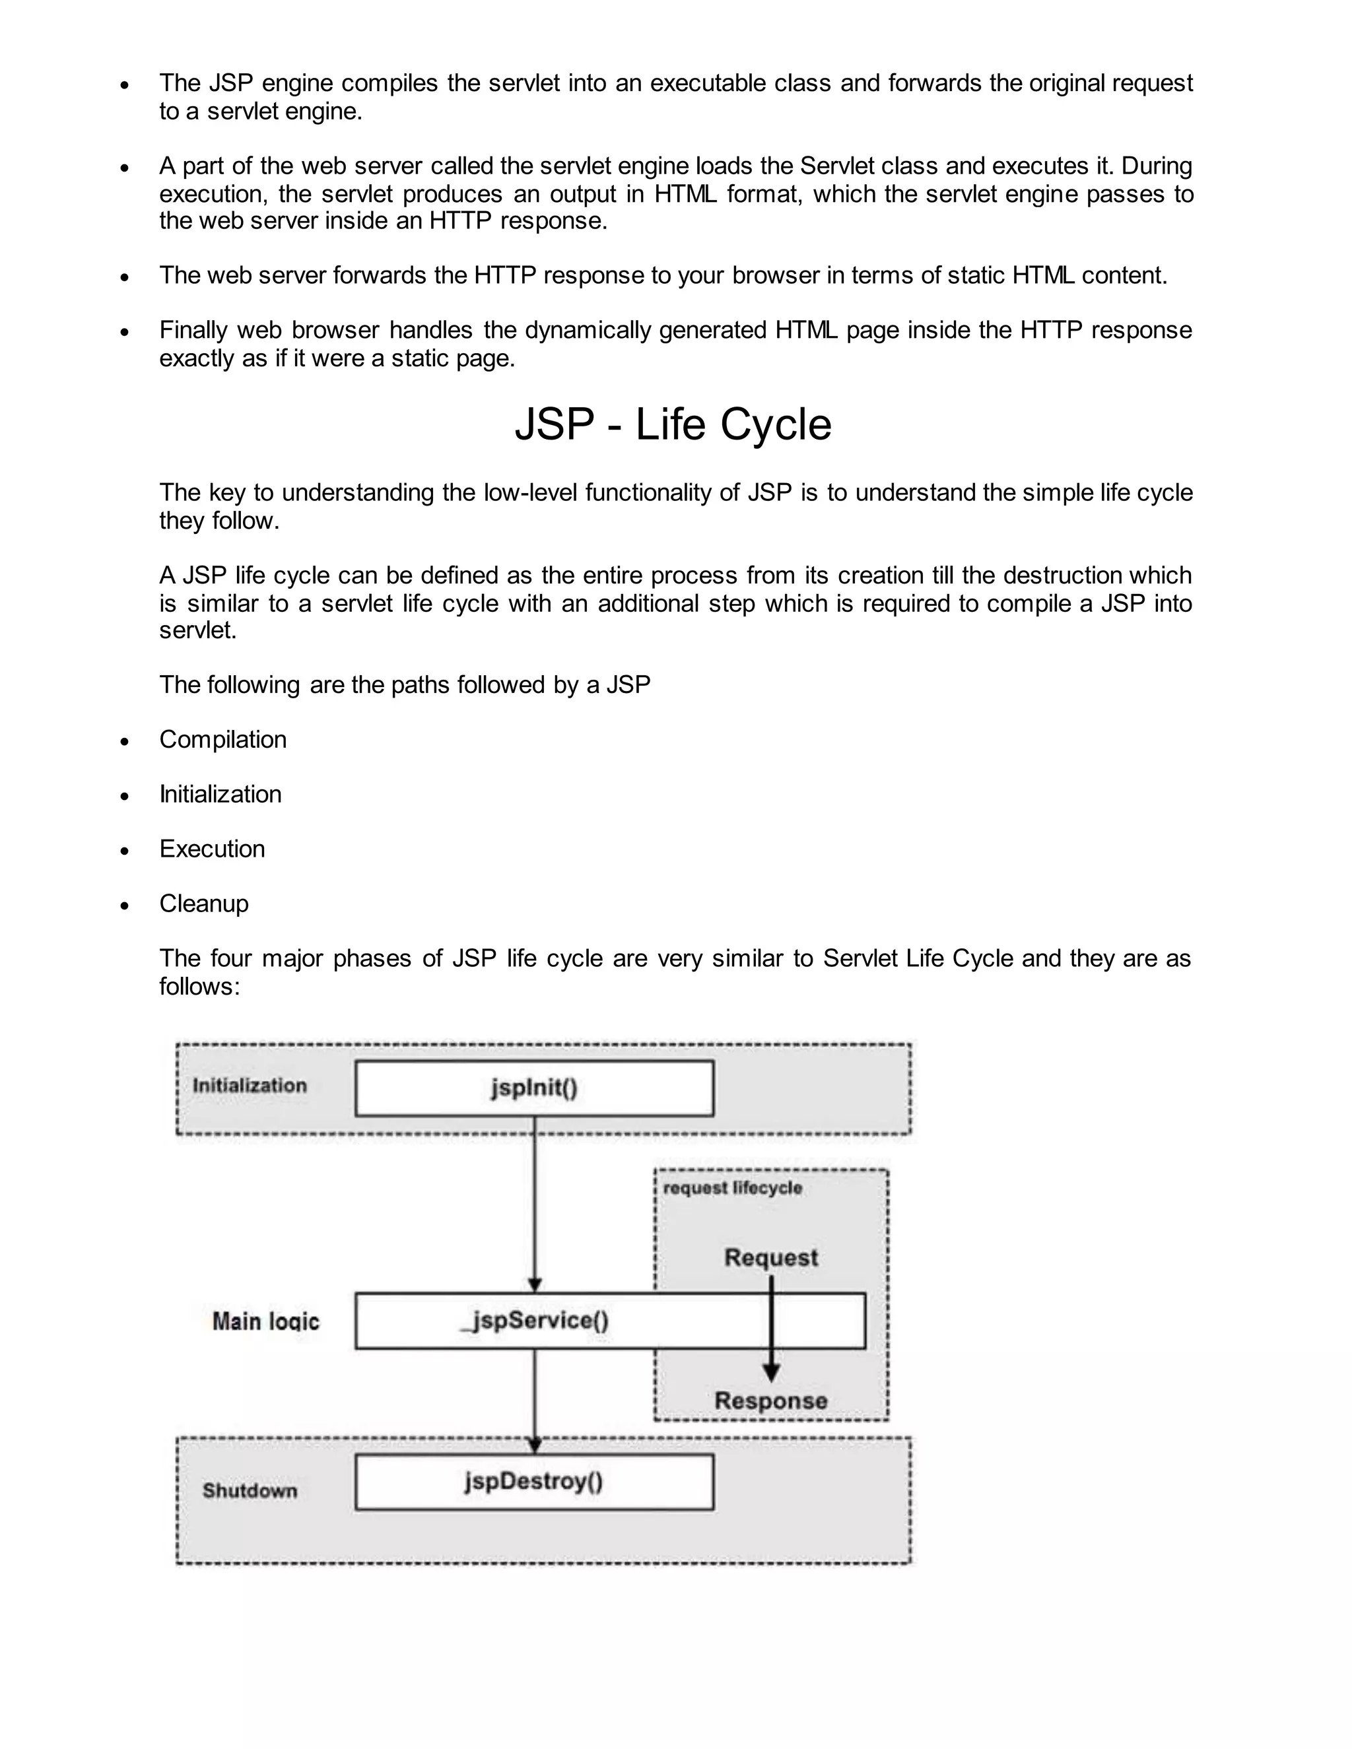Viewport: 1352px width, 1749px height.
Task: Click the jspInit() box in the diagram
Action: [x=534, y=1088]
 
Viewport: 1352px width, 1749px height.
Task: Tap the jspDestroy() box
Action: [x=534, y=1482]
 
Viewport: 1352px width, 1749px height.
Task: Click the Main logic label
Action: [x=265, y=1321]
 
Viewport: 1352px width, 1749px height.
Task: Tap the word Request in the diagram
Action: [x=770, y=1258]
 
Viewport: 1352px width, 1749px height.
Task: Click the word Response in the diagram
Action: [x=770, y=1401]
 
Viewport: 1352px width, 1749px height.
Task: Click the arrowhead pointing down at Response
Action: [x=771, y=1374]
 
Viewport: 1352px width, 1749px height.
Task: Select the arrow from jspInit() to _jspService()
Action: [x=535, y=1201]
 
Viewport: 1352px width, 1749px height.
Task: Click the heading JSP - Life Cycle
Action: [x=673, y=424]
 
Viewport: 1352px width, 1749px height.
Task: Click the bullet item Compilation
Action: [x=222, y=739]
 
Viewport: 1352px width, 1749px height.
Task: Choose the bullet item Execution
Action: [x=213, y=849]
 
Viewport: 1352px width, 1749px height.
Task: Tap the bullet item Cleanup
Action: [x=204, y=904]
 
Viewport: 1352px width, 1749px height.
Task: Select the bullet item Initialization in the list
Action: [x=220, y=795]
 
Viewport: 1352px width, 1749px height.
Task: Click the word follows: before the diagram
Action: [x=199, y=986]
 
